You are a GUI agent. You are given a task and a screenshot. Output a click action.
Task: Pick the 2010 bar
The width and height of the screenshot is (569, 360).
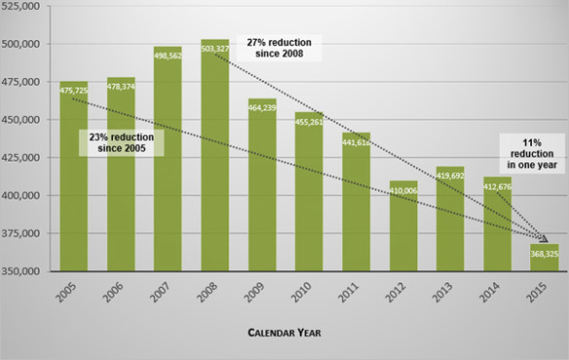[x=308, y=195]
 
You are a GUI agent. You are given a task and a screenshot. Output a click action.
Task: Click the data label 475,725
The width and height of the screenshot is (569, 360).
[x=74, y=90]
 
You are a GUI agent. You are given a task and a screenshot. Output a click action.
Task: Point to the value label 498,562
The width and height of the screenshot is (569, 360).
[x=167, y=55]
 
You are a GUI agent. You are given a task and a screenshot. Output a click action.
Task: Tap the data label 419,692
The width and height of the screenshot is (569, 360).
[x=450, y=176]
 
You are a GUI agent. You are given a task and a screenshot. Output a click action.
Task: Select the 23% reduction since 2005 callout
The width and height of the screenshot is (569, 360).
[x=122, y=143]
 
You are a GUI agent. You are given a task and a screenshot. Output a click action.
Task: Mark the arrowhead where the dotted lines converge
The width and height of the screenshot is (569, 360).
[x=545, y=240]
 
